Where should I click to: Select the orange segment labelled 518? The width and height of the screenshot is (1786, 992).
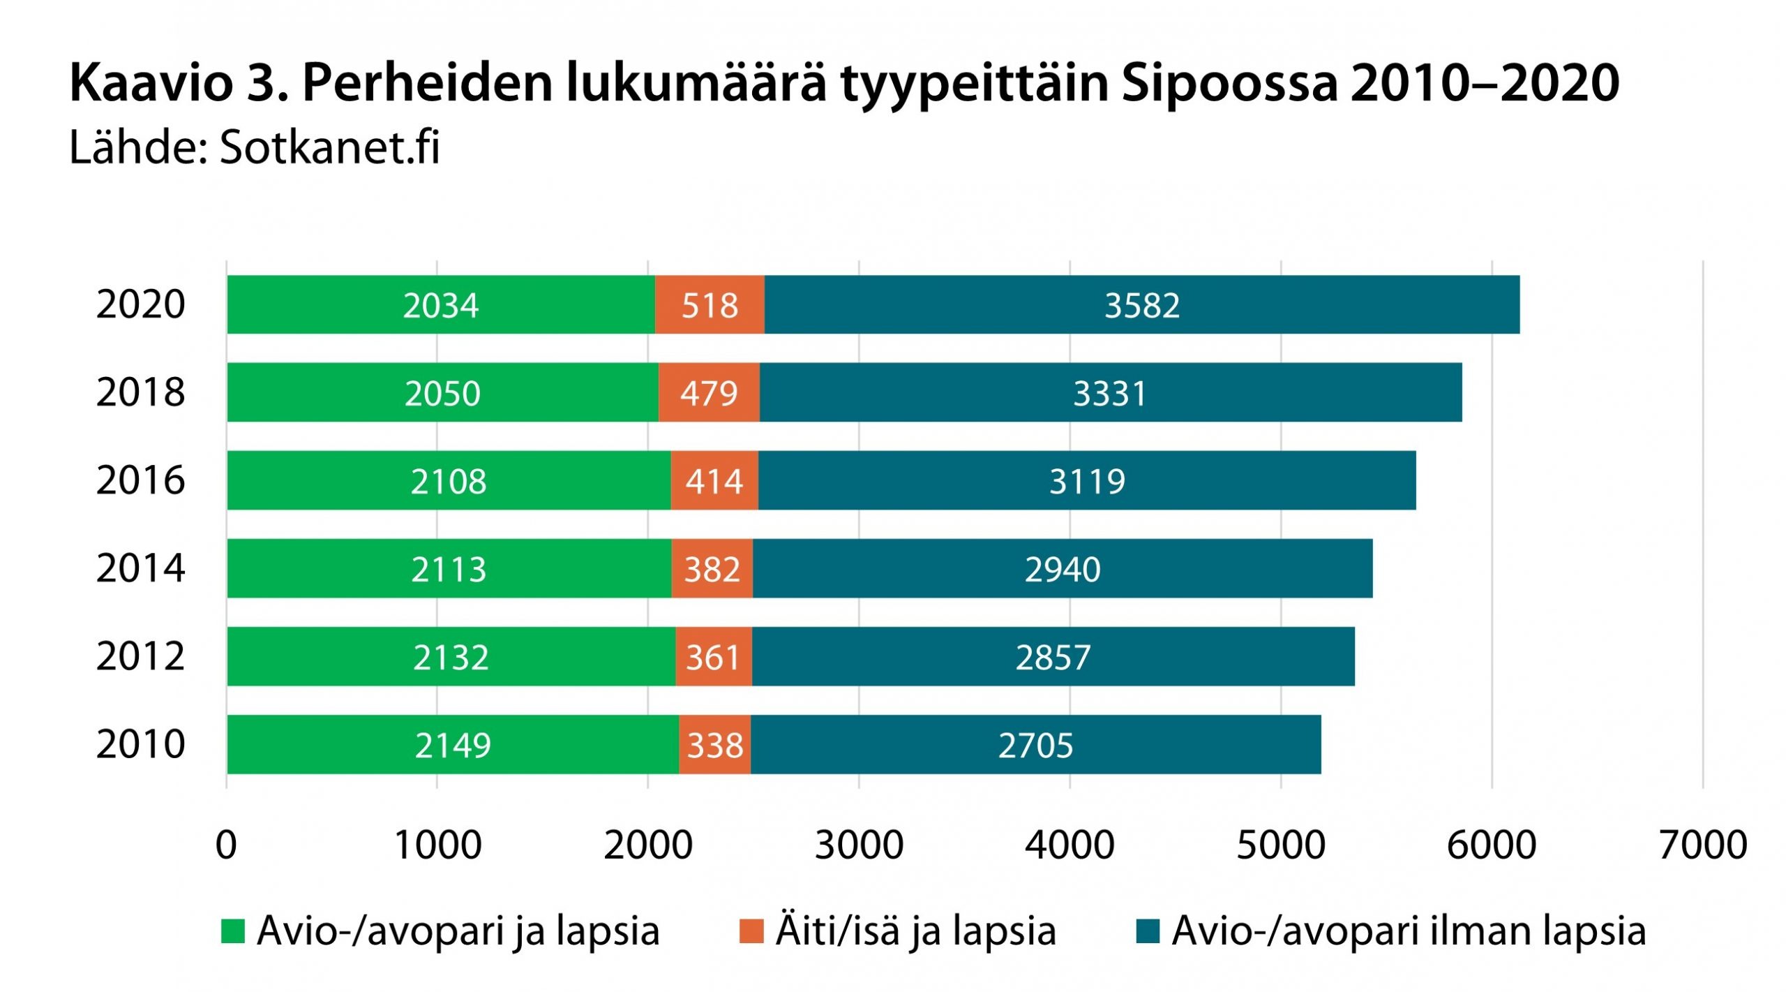click(x=710, y=305)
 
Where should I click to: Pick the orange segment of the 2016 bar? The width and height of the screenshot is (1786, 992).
click(x=714, y=481)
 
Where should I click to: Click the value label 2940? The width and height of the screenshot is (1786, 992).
click(x=1062, y=570)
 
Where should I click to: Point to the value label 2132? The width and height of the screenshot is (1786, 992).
click(x=451, y=658)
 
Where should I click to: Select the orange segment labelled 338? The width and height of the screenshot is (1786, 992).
click(x=714, y=745)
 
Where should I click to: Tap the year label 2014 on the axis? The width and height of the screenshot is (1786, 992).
click(x=140, y=568)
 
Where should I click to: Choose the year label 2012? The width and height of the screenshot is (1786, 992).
click(x=140, y=656)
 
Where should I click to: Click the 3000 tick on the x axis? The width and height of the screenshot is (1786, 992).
click(x=859, y=845)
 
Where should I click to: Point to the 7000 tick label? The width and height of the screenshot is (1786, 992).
click(x=1702, y=845)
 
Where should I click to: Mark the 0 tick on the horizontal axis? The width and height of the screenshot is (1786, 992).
click(x=226, y=845)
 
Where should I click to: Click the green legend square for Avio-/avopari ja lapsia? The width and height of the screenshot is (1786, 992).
click(x=233, y=931)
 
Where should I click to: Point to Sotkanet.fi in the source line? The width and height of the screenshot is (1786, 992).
click(x=329, y=148)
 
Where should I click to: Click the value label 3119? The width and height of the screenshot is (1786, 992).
click(x=1087, y=482)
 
